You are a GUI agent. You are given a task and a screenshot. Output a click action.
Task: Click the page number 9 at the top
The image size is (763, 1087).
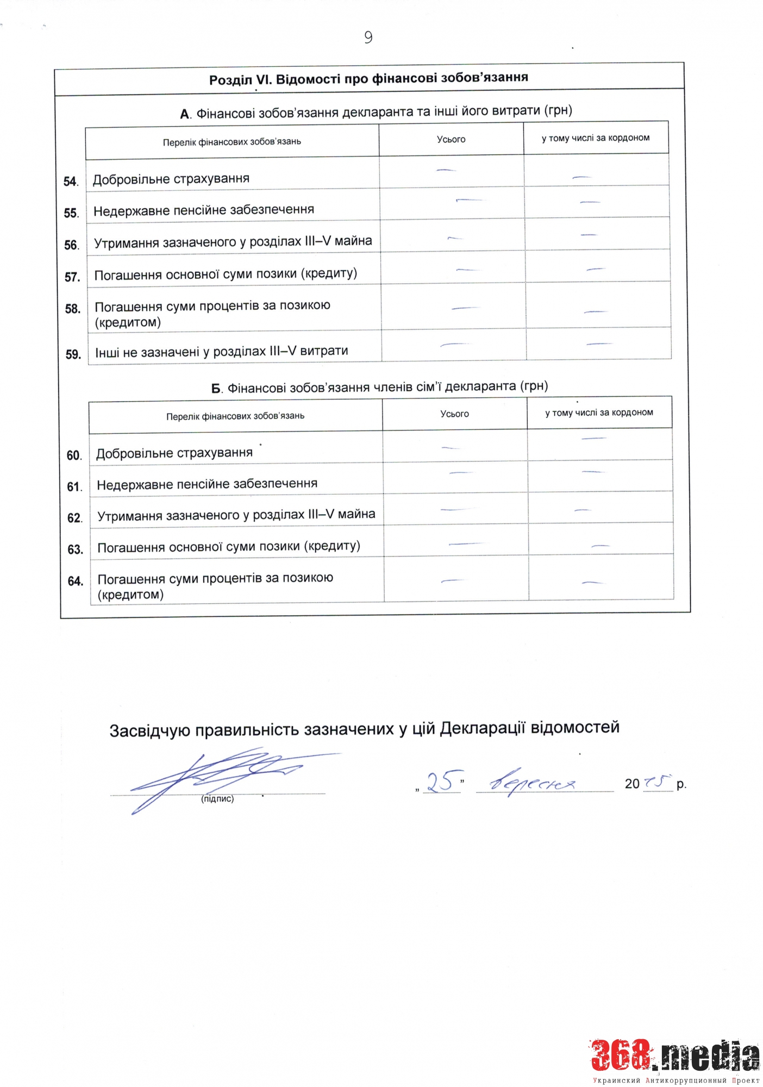tap(368, 37)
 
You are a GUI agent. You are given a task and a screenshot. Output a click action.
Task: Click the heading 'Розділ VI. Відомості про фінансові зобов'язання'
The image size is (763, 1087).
tap(368, 79)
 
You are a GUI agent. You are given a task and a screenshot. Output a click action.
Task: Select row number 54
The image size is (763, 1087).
tap(71, 182)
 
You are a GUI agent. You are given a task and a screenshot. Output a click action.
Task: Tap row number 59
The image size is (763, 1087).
tap(73, 354)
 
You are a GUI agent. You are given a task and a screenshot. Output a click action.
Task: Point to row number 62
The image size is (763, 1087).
tap(74, 518)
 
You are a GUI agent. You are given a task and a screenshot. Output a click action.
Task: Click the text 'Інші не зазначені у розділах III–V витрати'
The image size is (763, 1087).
tap(222, 352)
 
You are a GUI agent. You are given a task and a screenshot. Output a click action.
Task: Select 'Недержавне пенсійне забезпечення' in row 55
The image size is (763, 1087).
tap(204, 210)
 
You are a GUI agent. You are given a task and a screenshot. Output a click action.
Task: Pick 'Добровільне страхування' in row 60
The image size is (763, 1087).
tap(174, 453)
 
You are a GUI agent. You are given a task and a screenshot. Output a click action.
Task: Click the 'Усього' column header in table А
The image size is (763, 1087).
tap(451, 139)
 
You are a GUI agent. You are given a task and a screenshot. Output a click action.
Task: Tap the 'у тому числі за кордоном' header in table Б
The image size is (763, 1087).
tap(599, 413)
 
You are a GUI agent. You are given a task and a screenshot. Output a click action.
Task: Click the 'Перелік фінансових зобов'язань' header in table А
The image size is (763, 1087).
tap(232, 142)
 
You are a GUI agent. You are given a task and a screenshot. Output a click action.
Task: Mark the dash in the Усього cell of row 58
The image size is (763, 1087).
tap(465, 308)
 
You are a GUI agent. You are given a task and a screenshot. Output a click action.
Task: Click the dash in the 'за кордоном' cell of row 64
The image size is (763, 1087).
tap(593, 583)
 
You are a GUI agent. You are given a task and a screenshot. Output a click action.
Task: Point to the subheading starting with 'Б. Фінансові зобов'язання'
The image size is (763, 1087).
tap(379, 387)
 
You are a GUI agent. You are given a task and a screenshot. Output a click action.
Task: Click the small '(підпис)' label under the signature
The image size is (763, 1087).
tap(217, 799)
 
